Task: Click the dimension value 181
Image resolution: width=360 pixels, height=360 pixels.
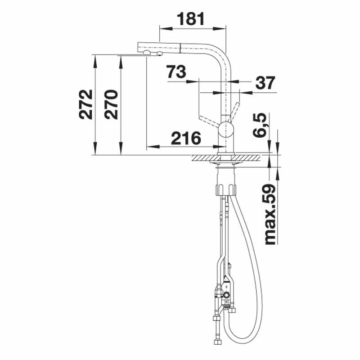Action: coord(190,19)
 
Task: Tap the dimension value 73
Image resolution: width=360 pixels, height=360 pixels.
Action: coord(176,72)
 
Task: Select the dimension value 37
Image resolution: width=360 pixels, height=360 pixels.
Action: coord(265,83)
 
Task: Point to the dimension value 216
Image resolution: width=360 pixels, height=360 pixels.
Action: coord(186,138)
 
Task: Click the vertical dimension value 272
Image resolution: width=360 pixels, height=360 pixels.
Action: coord(85,104)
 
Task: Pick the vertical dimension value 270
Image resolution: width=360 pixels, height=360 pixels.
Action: coord(111,104)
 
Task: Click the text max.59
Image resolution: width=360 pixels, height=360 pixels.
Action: coord(270,215)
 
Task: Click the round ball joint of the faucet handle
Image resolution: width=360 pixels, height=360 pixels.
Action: coord(226,129)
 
